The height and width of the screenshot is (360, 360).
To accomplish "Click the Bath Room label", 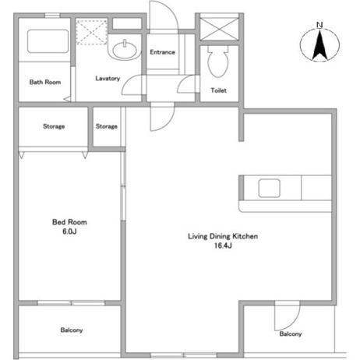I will pyautogui.click(x=44, y=82).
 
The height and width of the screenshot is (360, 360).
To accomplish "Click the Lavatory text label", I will pyautogui.click(x=108, y=79).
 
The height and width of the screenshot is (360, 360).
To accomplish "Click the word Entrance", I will pyautogui.click(x=162, y=52).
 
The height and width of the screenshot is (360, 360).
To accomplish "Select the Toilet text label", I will pyautogui.click(x=219, y=91).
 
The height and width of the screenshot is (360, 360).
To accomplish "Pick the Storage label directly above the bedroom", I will pyautogui.click(x=53, y=126).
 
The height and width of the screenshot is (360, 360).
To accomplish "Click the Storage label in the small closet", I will pyautogui.click(x=107, y=126).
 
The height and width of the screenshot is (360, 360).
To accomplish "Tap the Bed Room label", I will pyautogui.click(x=64, y=222).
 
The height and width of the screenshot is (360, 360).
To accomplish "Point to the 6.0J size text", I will pyautogui.click(x=64, y=231).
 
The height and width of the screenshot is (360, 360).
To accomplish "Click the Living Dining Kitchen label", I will pyautogui.click(x=223, y=236).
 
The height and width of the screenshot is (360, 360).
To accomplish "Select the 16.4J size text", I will pyautogui.click(x=224, y=246).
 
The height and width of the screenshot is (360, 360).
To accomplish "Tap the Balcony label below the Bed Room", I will pyautogui.click(x=72, y=330).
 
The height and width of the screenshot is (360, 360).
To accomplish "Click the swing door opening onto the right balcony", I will pyautogui.click(x=286, y=315).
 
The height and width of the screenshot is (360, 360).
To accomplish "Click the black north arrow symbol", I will pyautogui.click(x=319, y=47).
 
